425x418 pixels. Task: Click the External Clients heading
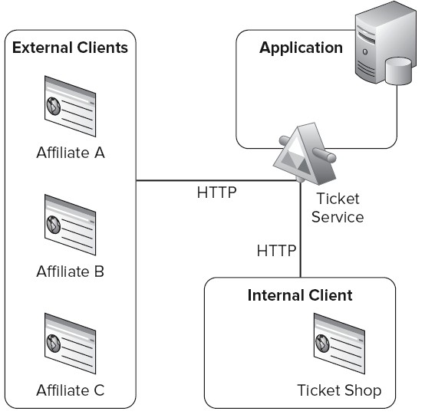[x=70, y=48]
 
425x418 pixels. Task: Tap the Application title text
[x=301, y=48]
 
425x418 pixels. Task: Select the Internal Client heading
[x=300, y=295]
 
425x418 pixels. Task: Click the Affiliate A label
[x=71, y=153]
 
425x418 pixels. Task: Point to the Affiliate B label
[x=71, y=272]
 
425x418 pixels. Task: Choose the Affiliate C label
[x=71, y=390]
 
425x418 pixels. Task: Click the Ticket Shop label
[x=339, y=390]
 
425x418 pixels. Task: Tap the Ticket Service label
[x=338, y=208]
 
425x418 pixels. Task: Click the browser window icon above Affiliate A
[x=71, y=106]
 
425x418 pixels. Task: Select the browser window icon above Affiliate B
[x=71, y=225]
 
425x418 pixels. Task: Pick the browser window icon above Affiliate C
[x=71, y=344]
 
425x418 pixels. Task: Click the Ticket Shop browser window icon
[x=339, y=344]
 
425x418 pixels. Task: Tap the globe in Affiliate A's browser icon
[x=54, y=106]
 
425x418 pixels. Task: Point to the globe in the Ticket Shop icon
[x=322, y=344]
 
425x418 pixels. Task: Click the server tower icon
[x=386, y=43]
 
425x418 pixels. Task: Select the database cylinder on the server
[x=398, y=71]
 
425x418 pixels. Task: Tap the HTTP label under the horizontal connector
[x=217, y=193]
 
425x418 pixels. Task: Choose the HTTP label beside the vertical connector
[x=276, y=251]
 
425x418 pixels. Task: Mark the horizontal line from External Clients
[x=217, y=180]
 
